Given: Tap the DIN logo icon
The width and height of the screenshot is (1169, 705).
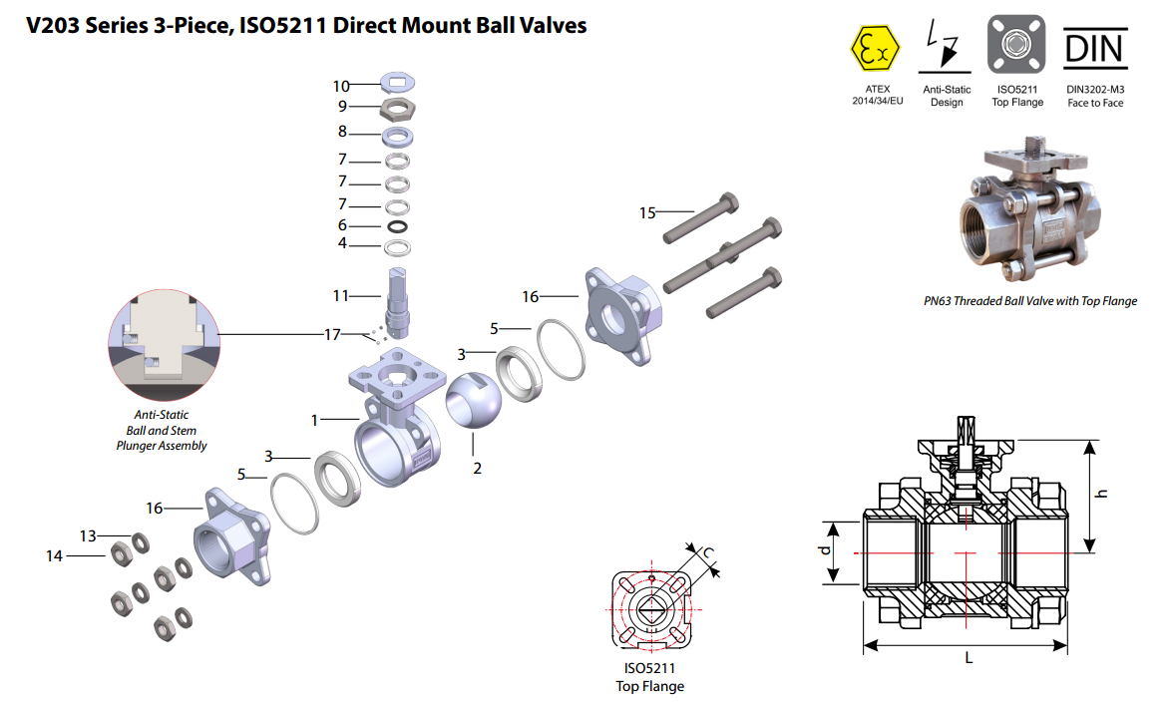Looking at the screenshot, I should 1094,47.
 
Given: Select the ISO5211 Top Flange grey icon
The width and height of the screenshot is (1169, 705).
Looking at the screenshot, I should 1015,44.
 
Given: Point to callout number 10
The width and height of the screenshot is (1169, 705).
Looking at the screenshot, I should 341,87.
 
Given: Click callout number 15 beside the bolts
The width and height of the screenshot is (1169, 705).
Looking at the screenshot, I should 648,212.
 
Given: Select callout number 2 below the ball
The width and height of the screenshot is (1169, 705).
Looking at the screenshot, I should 478,468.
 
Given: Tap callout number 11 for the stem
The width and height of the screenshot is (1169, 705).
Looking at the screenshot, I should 341,296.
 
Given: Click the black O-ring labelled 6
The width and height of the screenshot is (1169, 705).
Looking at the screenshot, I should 398,226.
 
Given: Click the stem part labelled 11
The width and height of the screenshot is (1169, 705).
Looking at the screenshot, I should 399,298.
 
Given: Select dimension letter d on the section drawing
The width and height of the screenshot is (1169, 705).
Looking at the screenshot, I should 825,551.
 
